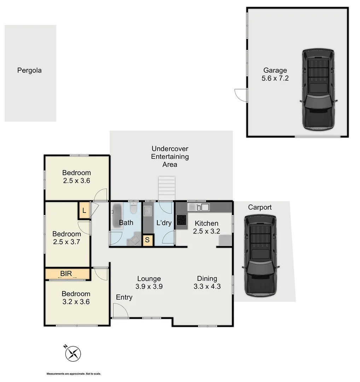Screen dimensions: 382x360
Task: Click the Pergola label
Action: coord(29,70)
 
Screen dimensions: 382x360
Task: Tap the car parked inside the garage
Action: coord(318,90)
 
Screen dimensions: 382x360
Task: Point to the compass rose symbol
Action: coord(74,353)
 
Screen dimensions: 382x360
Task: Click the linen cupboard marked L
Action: coord(84,211)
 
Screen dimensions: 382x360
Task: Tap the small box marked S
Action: coord(148,239)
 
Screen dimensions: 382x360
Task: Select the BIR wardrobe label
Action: coord(66,273)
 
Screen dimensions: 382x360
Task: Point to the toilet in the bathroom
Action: coord(133,209)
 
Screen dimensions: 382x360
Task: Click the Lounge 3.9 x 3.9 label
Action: coord(149,283)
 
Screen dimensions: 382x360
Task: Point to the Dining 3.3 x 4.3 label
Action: coord(207,283)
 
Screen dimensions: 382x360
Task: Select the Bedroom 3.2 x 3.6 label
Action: coord(76,297)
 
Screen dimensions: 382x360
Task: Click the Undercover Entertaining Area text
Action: coord(170,157)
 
